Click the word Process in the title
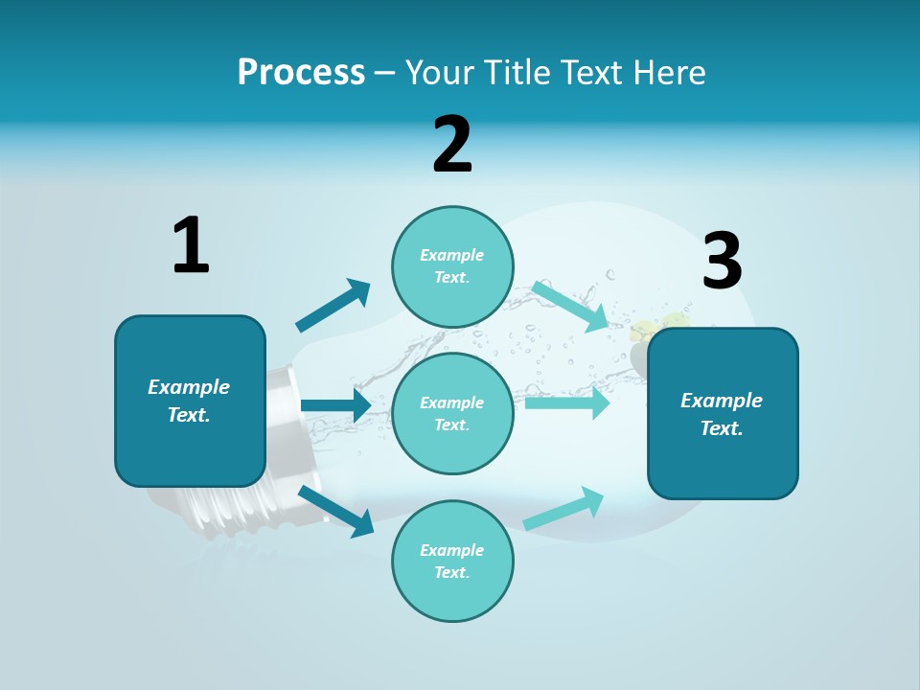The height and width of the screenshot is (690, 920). click(x=301, y=73)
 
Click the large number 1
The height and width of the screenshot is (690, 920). click(x=191, y=245)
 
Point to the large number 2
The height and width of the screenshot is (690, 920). click(x=452, y=145)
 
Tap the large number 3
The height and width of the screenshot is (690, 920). click(x=722, y=262)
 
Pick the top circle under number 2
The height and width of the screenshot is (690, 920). click(x=452, y=266)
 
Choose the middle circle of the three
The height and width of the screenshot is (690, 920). click(x=452, y=413)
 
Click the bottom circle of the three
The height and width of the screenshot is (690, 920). click(x=452, y=561)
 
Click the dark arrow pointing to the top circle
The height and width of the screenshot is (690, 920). click(x=333, y=306)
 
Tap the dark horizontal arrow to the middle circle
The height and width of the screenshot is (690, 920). click(x=335, y=405)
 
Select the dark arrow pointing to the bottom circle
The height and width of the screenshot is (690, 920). click(x=336, y=511)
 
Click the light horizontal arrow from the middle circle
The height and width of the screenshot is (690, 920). click(x=566, y=402)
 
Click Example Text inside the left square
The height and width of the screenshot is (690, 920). click(x=189, y=401)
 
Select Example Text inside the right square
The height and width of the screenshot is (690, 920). click(x=722, y=414)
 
